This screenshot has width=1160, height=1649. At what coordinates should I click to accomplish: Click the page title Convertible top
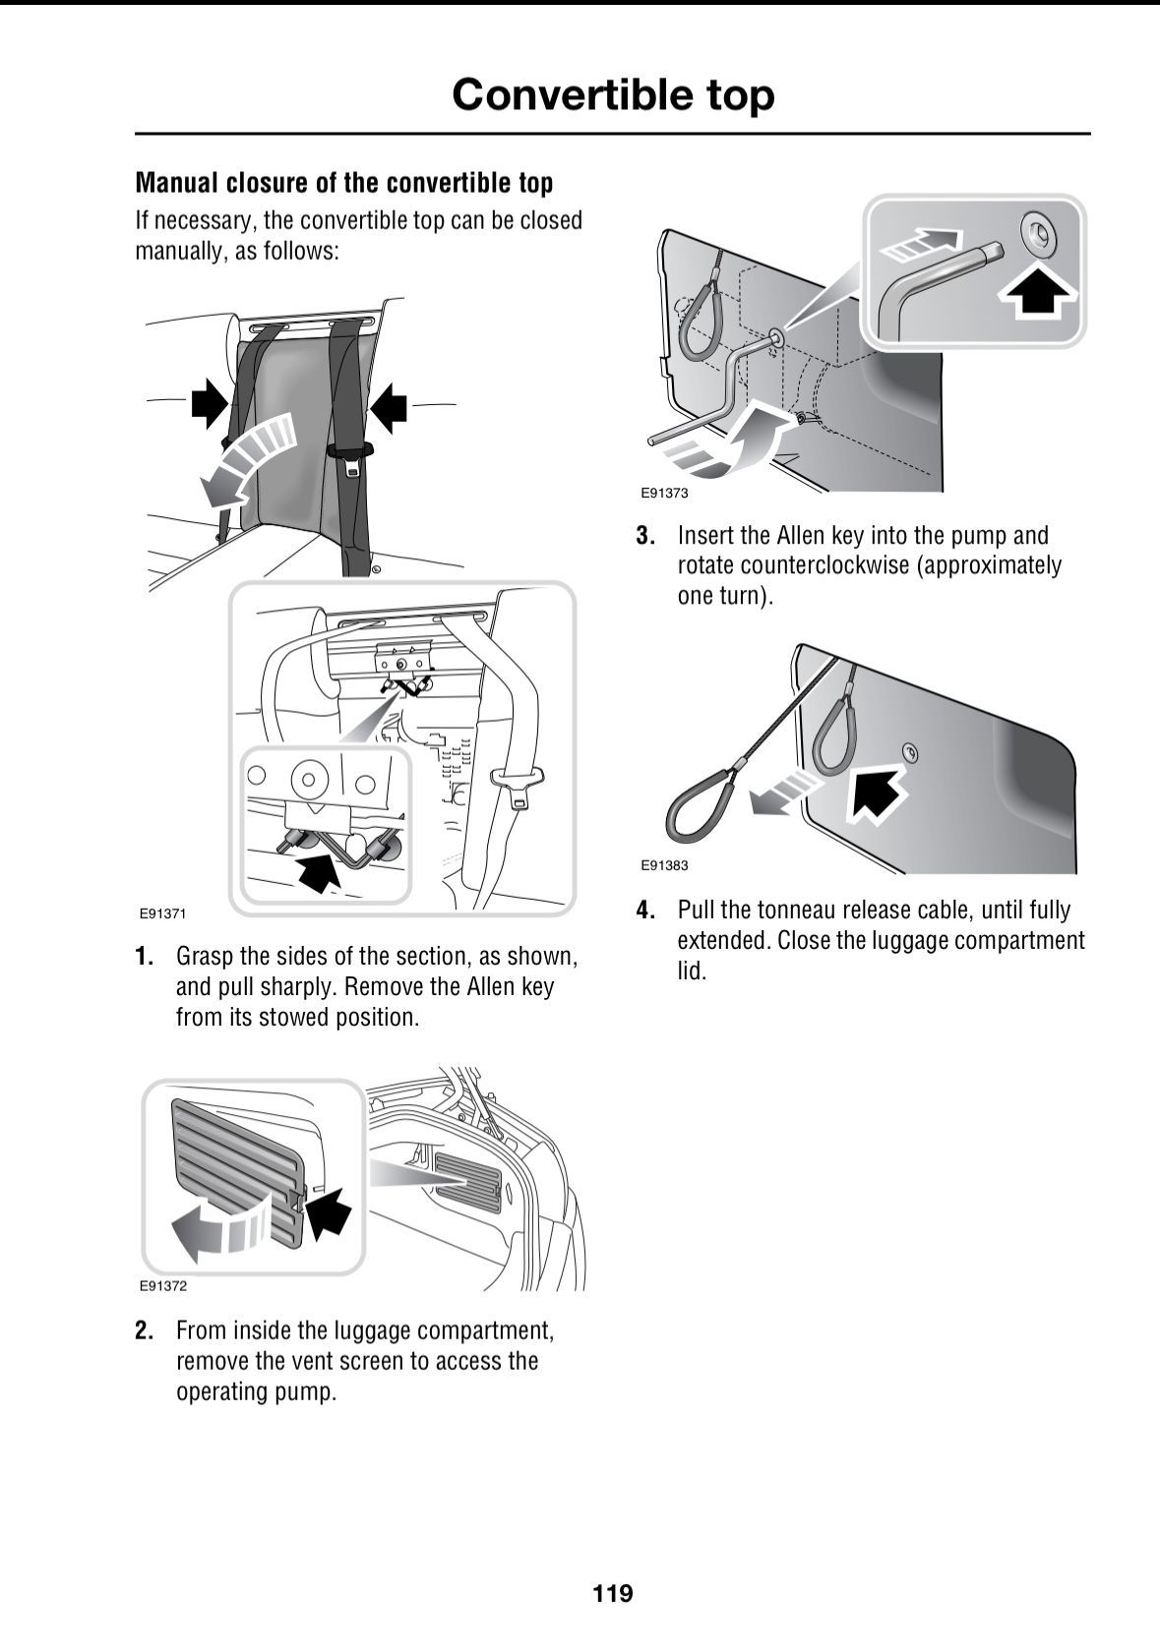(x=613, y=94)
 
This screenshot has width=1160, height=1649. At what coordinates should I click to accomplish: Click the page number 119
(x=613, y=1592)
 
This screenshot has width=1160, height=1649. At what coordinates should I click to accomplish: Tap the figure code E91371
(x=162, y=913)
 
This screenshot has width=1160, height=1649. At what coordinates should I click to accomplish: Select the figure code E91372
(x=162, y=1286)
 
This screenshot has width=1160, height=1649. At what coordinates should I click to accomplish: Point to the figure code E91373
(x=664, y=494)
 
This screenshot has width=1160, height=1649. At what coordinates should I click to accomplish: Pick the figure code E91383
(x=664, y=865)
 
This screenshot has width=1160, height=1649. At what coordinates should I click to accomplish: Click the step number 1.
(x=144, y=957)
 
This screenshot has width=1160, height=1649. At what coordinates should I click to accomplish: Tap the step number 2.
(x=144, y=1331)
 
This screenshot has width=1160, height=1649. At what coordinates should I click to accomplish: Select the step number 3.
(x=645, y=537)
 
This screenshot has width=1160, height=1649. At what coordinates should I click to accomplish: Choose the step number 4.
(x=645, y=911)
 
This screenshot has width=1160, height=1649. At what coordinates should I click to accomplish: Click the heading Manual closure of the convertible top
(x=343, y=183)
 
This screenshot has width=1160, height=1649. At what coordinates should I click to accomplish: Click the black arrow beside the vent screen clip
(x=329, y=1210)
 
